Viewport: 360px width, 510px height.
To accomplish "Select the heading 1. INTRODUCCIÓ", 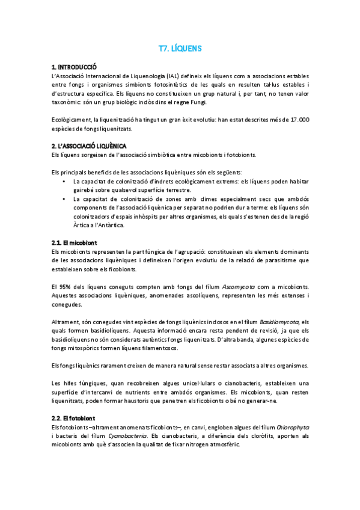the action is [75, 67].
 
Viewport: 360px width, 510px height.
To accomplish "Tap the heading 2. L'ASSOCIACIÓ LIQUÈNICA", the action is [89, 146].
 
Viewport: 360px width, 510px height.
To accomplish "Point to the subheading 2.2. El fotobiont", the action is [74, 418].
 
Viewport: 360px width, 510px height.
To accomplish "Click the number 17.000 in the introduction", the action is [297, 120].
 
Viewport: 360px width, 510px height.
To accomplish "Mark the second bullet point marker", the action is [64, 199].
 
